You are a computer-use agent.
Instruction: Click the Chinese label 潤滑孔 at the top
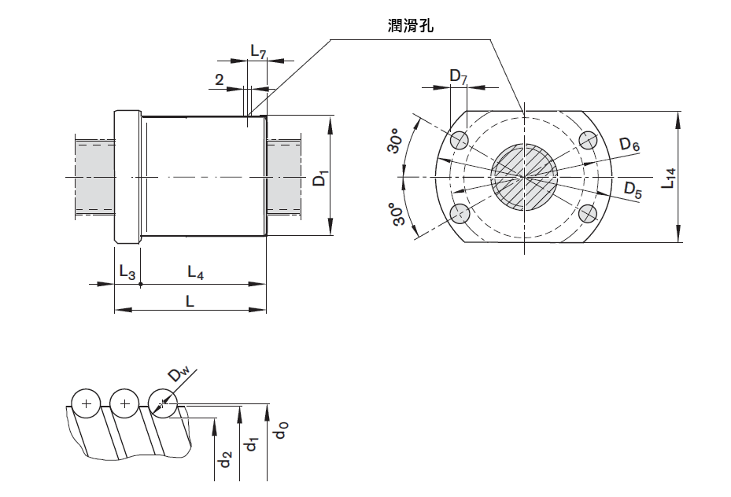tap(410, 26)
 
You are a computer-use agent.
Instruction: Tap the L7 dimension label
tap(258, 52)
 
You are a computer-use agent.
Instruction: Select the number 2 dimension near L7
tap(219, 79)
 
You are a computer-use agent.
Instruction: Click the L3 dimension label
tap(127, 271)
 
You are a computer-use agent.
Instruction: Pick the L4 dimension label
tap(196, 272)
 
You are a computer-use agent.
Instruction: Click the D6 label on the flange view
tap(629, 145)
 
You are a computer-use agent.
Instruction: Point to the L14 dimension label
tap(668, 179)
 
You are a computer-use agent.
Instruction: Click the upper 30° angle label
tap(397, 141)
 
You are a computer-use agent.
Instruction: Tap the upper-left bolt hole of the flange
tap(460, 141)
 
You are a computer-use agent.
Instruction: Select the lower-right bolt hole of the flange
tap(588, 214)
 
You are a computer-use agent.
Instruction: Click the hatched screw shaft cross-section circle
tap(524, 177)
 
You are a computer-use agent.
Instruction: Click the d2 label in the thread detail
tap(225, 460)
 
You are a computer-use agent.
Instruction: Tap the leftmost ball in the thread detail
tap(86, 404)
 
